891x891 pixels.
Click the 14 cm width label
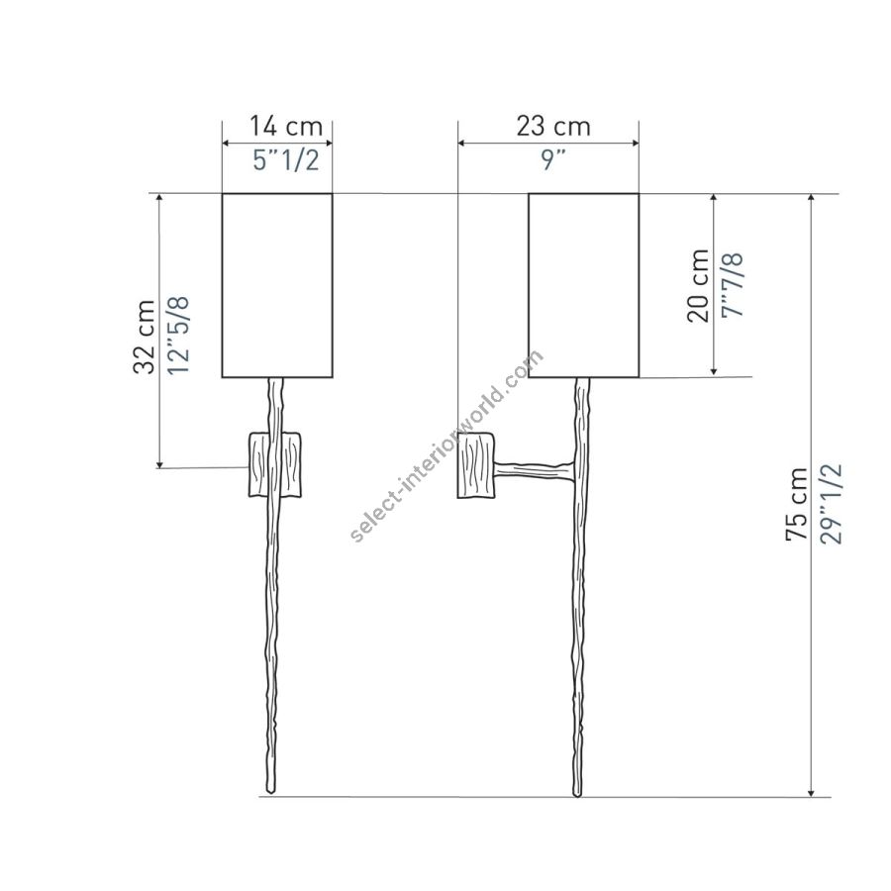click(286, 126)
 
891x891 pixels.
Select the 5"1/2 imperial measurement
click(286, 160)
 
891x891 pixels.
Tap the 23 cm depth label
click(553, 126)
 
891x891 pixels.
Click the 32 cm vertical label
click(144, 337)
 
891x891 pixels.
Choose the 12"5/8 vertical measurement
click(178, 336)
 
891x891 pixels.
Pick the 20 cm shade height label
click(698, 286)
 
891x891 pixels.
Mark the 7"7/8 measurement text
click(733, 285)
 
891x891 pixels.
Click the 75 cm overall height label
click(796, 504)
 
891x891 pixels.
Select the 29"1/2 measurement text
click(831, 505)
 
